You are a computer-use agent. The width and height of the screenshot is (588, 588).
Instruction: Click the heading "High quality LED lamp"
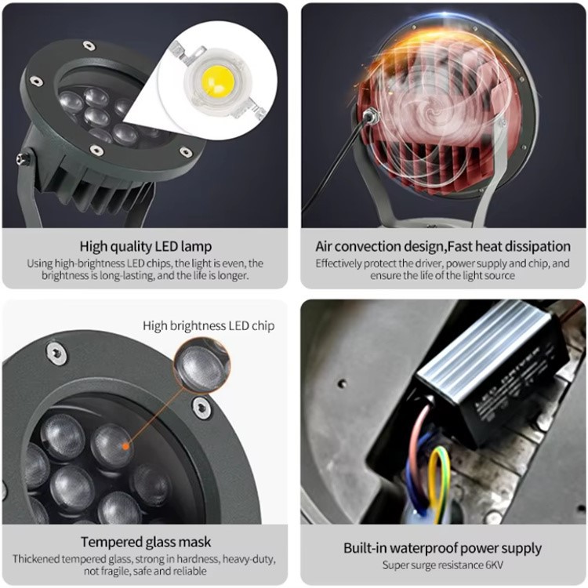[144, 246]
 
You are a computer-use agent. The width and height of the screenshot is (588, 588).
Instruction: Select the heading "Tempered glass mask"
[145, 542]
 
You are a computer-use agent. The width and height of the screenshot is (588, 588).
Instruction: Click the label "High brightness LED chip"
[209, 325]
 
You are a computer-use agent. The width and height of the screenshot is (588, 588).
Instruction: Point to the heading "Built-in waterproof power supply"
[443, 548]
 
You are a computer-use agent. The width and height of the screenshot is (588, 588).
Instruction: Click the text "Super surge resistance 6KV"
[443, 565]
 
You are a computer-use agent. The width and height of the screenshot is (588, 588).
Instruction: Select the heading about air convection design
[443, 246]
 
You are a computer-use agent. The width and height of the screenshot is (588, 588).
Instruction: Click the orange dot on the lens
[123, 445]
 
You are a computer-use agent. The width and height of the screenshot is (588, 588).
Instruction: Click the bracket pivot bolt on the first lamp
[24, 158]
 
